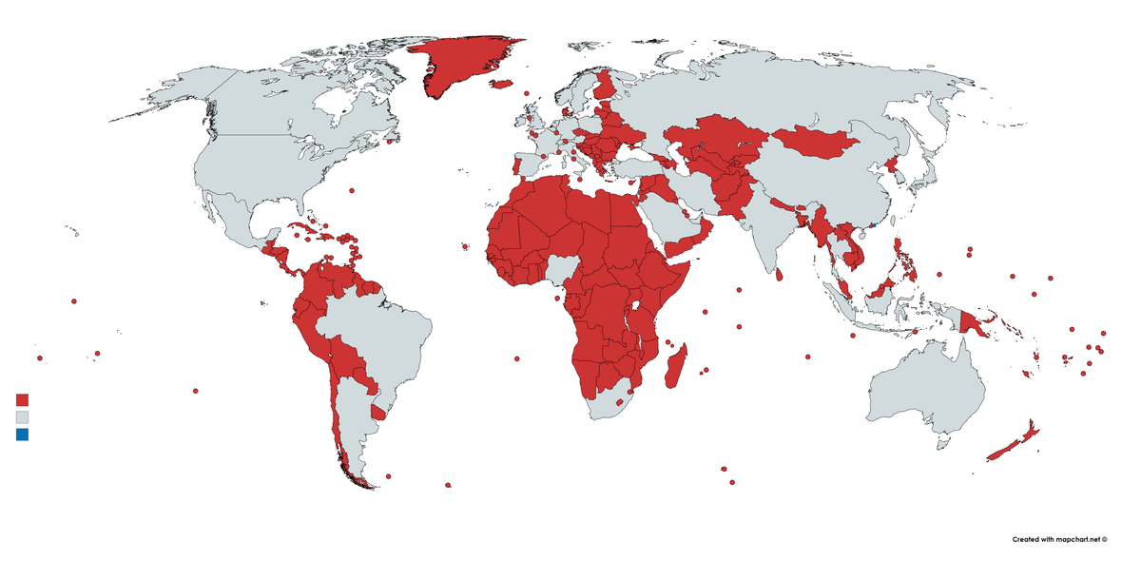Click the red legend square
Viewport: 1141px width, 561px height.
click(x=23, y=399)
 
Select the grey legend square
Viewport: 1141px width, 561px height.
click(x=23, y=417)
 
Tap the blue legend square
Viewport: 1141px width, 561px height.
click(x=23, y=435)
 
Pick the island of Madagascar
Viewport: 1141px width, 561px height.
click(x=677, y=366)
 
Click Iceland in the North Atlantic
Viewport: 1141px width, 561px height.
click(x=502, y=84)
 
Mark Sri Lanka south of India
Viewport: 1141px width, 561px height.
click(x=780, y=274)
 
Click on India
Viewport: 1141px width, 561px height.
click(x=761, y=228)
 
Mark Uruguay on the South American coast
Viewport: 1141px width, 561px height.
click(x=378, y=413)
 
